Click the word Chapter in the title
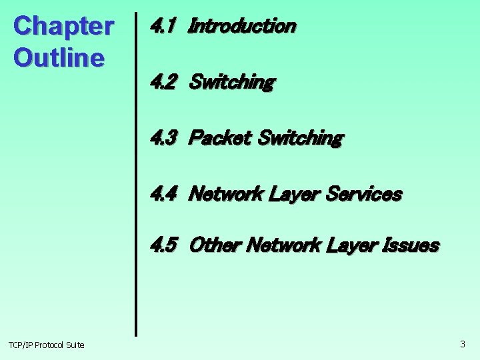click(63, 27)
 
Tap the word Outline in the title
click(59, 57)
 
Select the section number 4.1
click(163, 26)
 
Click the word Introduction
click(242, 26)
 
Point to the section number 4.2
click(163, 82)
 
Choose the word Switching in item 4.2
click(231, 82)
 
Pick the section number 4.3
click(163, 138)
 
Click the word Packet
click(220, 138)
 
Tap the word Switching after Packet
click(300, 138)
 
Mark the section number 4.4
click(163, 194)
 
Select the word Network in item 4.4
click(227, 194)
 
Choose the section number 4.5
click(163, 245)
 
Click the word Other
click(215, 245)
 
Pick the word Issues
click(413, 245)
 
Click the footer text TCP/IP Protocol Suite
click(47, 345)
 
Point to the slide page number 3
click(463, 344)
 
